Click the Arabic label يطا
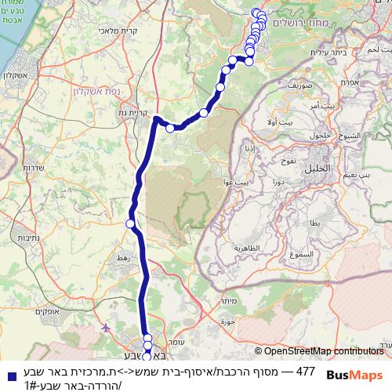pos(315,223)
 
